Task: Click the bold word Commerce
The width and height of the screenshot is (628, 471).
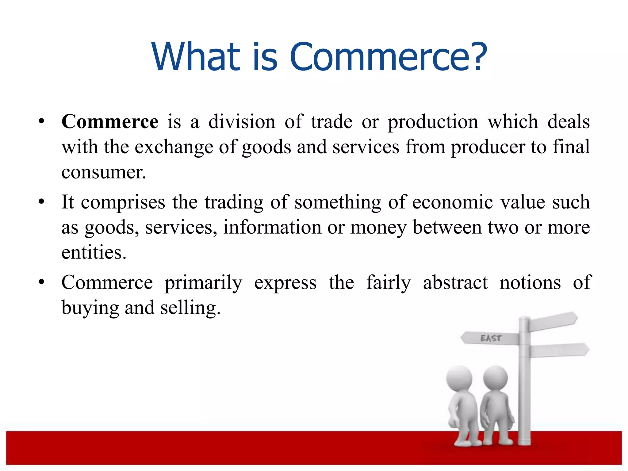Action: [110, 121]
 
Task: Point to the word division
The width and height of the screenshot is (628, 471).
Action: [242, 121]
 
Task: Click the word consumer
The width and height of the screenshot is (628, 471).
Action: [103, 172]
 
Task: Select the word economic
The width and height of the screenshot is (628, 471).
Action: [452, 202]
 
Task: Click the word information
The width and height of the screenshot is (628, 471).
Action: [272, 228]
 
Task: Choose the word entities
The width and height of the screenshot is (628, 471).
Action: [94, 253]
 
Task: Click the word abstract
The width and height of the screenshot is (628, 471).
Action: [455, 283]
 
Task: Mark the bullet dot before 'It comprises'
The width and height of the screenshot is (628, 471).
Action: [41, 202]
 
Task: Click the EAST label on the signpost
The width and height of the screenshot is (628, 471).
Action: [491, 338]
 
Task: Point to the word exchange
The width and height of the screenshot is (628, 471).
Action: [174, 147]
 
